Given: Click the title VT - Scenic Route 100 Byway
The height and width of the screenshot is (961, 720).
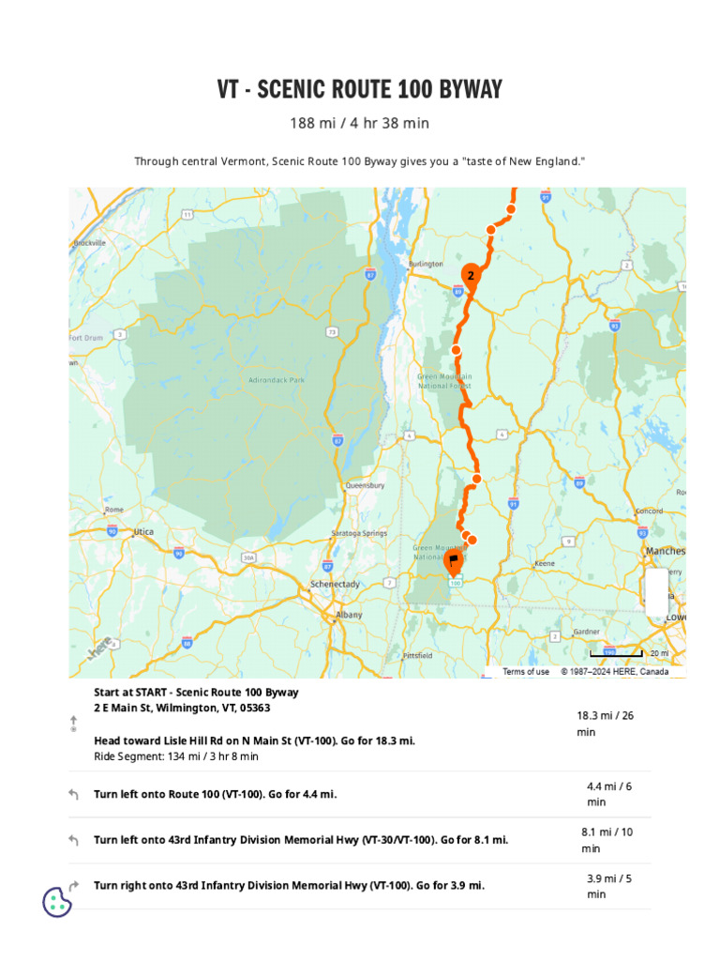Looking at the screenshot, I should [360, 90].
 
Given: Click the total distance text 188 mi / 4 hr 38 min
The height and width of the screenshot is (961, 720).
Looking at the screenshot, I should [360, 124].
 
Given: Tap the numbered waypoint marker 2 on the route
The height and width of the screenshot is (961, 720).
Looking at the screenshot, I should [470, 275].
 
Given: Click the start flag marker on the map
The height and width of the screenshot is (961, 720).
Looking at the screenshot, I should [453, 562].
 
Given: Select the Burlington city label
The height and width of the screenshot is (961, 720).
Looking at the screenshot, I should [425, 265].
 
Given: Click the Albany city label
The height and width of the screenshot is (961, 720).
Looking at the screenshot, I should [336, 617].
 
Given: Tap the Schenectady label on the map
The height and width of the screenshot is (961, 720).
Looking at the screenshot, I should [335, 584].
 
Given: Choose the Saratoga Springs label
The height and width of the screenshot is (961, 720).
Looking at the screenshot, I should [360, 533].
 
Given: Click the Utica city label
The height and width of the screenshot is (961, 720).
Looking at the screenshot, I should [143, 531].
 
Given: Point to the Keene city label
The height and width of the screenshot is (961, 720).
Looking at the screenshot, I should [545, 564].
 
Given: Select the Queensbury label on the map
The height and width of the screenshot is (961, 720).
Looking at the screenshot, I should [365, 485].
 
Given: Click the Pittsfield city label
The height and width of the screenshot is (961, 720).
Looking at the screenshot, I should [417, 655].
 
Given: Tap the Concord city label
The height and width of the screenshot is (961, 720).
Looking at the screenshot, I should [650, 511].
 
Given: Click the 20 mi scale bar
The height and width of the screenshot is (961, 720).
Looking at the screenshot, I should [617, 653].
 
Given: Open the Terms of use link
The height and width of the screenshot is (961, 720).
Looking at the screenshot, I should [526, 672].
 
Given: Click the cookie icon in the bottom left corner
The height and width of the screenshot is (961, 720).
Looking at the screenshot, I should [57, 902].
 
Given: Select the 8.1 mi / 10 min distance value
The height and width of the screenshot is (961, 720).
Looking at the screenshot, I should [607, 840].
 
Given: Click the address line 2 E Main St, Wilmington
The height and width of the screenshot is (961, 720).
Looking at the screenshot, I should [182, 708].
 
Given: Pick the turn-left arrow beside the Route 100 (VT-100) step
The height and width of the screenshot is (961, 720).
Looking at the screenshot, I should [74, 795].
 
